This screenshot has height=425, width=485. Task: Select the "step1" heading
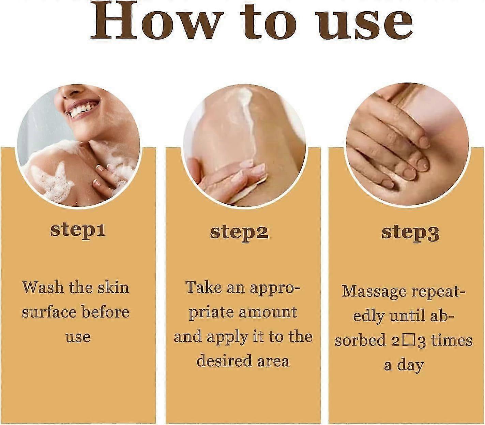(78, 230)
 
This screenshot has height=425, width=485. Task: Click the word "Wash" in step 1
(43, 288)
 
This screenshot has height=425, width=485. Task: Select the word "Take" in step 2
(203, 288)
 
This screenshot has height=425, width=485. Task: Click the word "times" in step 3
(452, 341)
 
